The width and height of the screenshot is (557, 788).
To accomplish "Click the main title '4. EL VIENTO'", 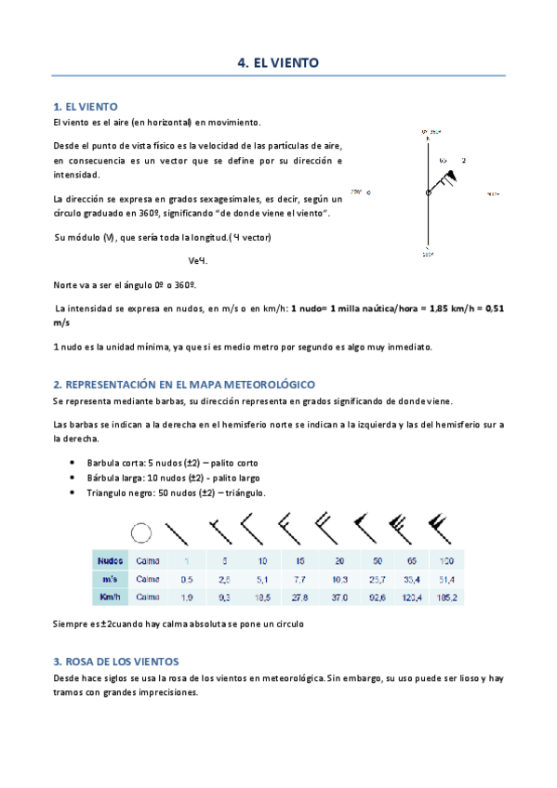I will pyautogui.click(x=278, y=63).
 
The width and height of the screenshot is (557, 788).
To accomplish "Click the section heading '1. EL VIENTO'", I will pyautogui.click(x=85, y=107).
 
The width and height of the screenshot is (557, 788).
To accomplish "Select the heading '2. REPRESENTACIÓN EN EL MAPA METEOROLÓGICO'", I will pyautogui.click(x=184, y=384).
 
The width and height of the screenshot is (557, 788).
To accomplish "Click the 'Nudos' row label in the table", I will pyautogui.click(x=110, y=561).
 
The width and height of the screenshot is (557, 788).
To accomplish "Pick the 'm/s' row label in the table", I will pyautogui.click(x=110, y=579).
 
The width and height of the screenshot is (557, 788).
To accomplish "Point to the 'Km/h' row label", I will pyautogui.click(x=110, y=597).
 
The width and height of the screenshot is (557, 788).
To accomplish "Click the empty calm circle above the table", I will pyautogui.click(x=141, y=532).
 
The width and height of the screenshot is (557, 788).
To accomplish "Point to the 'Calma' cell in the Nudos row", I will pyautogui.click(x=148, y=561).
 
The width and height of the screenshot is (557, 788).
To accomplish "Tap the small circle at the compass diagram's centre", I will pyautogui.click(x=428, y=192).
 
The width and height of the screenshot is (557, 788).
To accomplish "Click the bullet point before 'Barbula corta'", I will pyautogui.click(x=73, y=463).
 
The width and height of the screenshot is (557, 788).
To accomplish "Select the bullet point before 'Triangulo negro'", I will pyautogui.click(x=73, y=492).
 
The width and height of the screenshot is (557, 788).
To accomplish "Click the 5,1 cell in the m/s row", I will pyautogui.click(x=262, y=579).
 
